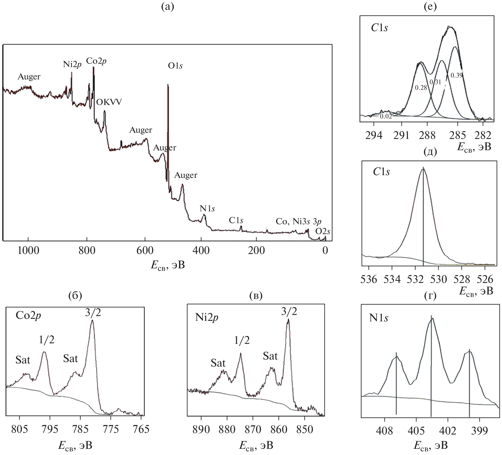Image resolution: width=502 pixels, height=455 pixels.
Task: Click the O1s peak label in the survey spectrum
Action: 175,66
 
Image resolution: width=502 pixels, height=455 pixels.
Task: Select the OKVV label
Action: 109,102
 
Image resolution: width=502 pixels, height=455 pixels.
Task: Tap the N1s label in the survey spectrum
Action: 207,208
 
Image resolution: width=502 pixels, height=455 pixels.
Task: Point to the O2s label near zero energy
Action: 322,232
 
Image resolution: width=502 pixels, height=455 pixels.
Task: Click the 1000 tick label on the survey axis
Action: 28,250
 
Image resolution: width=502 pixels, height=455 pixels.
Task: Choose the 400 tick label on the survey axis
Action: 201,250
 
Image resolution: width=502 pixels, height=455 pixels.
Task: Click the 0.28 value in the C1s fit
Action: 421,88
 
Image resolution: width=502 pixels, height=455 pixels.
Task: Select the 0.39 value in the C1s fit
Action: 457,75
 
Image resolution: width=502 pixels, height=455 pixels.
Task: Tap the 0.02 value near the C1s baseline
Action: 386,116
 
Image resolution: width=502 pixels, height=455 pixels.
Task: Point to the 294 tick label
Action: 374,135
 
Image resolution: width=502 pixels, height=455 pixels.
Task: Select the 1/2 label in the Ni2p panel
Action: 242,340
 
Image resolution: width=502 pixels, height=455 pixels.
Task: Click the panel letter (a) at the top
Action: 168,7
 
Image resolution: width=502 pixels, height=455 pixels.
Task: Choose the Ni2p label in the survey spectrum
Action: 72,64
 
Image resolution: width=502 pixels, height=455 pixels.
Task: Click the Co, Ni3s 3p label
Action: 298,221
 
